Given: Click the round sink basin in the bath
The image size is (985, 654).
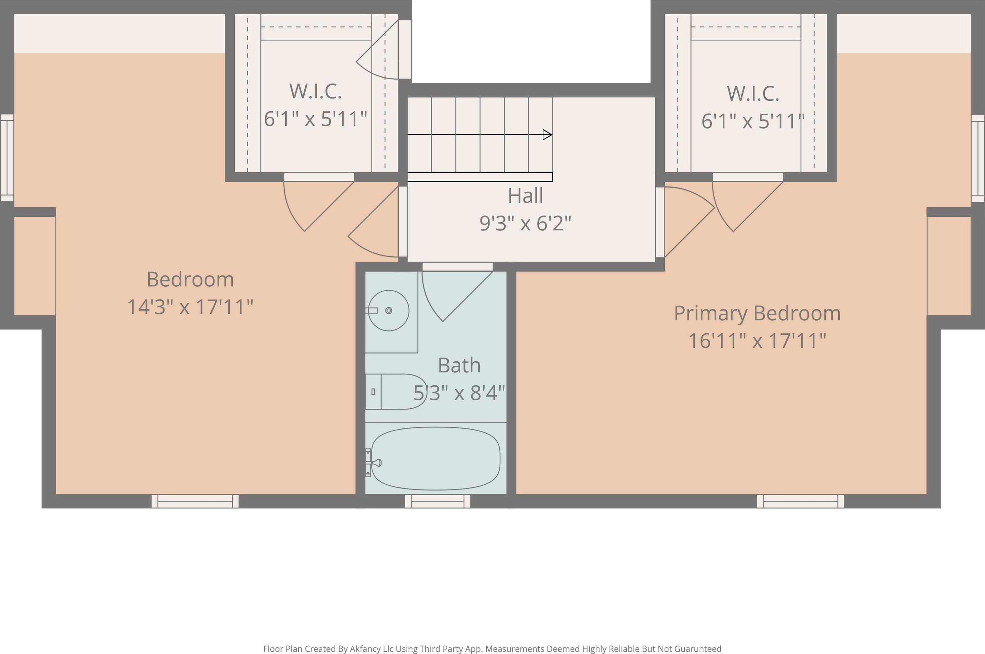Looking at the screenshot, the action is pos(389,310).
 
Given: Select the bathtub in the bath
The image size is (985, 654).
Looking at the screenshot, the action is pos(435,458).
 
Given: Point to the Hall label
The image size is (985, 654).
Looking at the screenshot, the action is pos(525,196).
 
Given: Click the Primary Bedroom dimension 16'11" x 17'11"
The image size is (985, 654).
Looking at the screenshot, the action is pos(757,341).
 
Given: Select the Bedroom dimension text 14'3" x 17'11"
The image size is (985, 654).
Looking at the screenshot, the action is pos(190,307).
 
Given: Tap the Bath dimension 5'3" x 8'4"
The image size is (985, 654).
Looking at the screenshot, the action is pos(459,393).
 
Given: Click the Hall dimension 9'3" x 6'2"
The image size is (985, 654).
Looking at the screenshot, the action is pos(525,223).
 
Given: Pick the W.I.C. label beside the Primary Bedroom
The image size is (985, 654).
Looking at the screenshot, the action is pos(753,93).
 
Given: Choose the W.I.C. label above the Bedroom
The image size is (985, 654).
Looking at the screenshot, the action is pos(315,91).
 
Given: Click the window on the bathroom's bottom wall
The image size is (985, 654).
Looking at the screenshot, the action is pos(437,501).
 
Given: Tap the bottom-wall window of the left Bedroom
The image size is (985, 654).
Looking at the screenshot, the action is pos(195,501).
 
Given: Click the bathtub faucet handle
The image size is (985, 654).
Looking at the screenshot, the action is pos(376,463).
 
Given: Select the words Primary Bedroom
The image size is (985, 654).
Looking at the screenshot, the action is pos(757,313).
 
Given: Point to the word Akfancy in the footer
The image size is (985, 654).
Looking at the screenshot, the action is pos(365,649).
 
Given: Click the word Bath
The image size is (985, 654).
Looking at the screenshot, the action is pos(459,365).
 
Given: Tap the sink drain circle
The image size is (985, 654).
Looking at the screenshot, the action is pos(389,310).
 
